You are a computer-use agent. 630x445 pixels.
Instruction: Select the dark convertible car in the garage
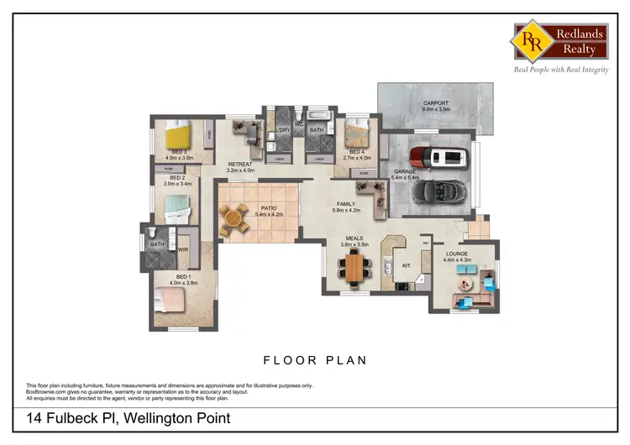tap(434, 191)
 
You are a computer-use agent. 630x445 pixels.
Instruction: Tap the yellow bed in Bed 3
tap(179, 134)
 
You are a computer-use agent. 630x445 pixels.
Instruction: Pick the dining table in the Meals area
tap(357, 268)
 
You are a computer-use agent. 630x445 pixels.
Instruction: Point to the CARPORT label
tap(436, 103)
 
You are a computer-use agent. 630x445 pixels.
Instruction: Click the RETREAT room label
tap(239, 165)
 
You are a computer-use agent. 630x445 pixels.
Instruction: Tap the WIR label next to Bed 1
tap(182, 249)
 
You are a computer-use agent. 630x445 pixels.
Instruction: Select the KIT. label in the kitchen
tap(407, 265)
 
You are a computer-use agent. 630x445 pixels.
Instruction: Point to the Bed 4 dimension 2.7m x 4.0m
tap(360, 158)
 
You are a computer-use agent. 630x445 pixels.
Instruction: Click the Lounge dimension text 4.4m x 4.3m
tap(457, 260)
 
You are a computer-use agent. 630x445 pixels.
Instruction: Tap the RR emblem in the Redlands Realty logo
tap(531, 39)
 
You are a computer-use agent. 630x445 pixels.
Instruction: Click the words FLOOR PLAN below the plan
tap(315, 360)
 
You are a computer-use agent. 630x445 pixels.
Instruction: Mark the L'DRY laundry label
tap(282, 131)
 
